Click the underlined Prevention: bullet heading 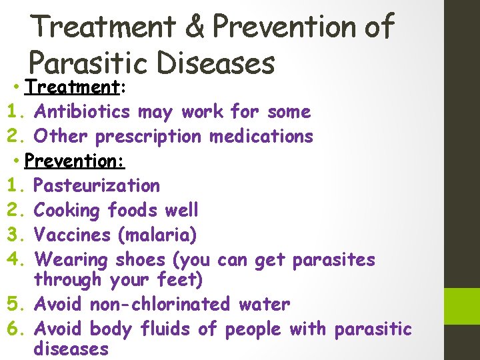(75, 161)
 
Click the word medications (261, 136)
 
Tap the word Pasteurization (97, 185)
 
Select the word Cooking (66, 210)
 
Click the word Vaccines (72, 235)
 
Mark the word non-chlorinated (159, 305)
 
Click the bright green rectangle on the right (462, 307)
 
